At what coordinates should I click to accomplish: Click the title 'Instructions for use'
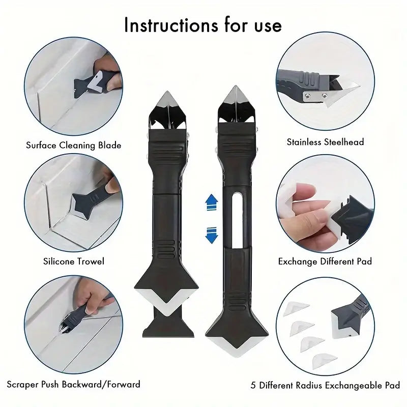[x=202, y=24]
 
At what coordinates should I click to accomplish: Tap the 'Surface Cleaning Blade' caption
[x=74, y=146]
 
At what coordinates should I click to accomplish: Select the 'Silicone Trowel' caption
[x=74, y=261]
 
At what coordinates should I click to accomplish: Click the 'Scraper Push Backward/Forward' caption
[x=74, y=384]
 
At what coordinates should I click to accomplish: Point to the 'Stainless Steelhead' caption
[x=325, y=142]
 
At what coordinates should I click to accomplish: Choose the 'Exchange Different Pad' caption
[x=325, y=261]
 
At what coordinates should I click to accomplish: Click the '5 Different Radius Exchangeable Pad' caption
[x=326, y=385]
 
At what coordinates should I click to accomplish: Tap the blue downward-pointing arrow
[x=211, y=235]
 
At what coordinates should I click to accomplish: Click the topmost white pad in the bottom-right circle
[x=297, y=308]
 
